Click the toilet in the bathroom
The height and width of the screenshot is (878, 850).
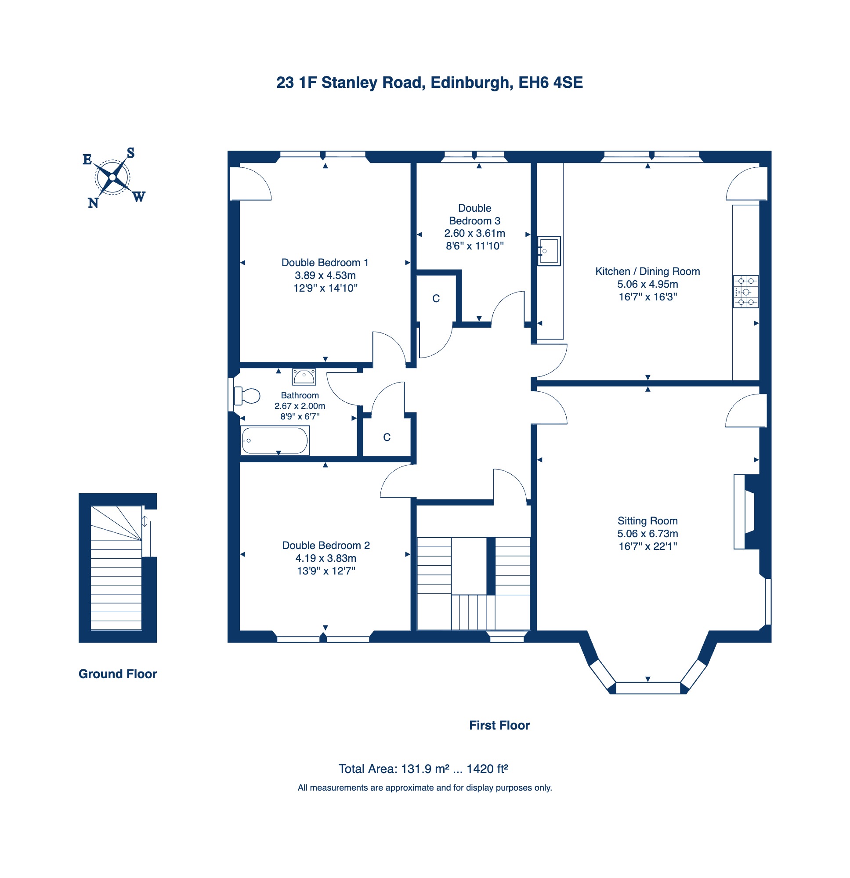click(x=246, y=396)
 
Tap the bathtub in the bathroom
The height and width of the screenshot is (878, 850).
click(x=275, y=441)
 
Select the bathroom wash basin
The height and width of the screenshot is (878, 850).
click(x=304, y=377)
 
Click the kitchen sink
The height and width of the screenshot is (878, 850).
click(x=549, y=251)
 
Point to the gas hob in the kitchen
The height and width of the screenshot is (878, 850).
click(x=745, y=292)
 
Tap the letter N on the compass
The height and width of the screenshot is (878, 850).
click(x=93, y=203)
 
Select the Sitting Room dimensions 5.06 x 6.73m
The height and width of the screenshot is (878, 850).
click(x=647, y=534)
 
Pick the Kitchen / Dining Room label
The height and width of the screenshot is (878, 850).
click(x=647, y=271)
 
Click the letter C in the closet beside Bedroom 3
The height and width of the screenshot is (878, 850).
click(x=436, y=299)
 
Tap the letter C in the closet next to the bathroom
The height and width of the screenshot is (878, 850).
click(x=387, y=437)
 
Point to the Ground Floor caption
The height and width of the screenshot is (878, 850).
click(x=117, y=674)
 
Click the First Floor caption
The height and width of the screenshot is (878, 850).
click(x=499, y=725)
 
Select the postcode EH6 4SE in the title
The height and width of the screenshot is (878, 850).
click(x=550, y=83)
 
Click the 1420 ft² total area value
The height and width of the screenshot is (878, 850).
click(x=487, y=769)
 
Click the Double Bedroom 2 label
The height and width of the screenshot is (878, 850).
click(x=326, y=545)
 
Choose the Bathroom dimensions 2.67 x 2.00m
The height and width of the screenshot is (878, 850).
click(x=300, y=406)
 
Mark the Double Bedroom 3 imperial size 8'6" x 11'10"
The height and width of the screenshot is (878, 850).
click(x=474, y=246)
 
